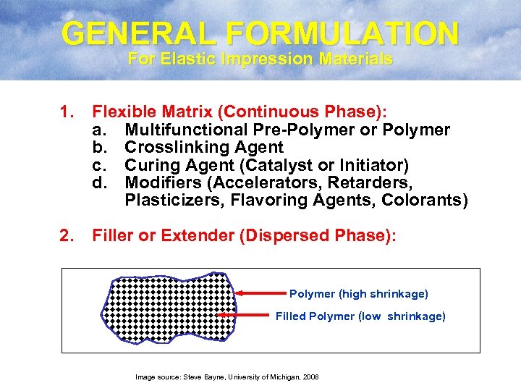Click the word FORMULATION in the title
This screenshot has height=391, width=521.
coord(336,33)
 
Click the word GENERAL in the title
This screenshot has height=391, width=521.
coord(134,33)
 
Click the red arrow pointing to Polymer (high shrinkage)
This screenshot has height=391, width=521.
coord(261,293)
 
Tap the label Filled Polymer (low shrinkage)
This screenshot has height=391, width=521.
coord(360,316)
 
